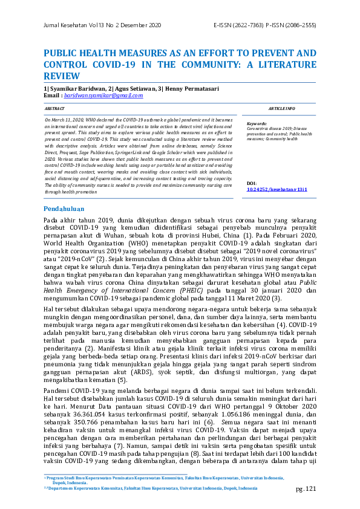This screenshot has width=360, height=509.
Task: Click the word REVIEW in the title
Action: coord(62,76)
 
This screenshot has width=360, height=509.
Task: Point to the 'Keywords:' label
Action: coord(257,123)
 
